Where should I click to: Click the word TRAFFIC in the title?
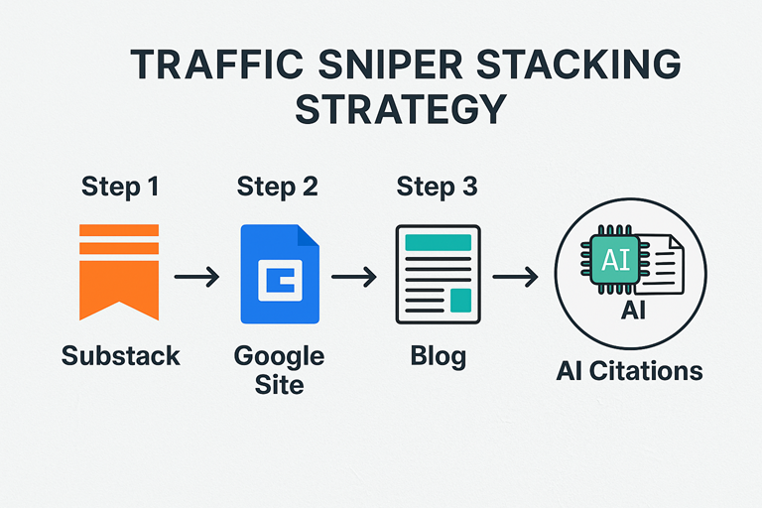217,64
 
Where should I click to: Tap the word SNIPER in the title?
390,64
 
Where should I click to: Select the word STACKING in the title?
578,64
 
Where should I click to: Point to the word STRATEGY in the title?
402,109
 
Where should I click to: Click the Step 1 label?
120,188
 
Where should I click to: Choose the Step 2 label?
278,188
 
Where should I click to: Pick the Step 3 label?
437,188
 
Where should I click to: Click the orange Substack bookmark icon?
119,272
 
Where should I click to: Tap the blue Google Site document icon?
280,274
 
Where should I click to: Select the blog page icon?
438,274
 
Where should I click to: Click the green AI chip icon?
616,260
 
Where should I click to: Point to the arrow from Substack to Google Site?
196,277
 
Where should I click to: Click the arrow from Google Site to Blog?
354,277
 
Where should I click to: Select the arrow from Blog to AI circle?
515,277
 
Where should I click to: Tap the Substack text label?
120,356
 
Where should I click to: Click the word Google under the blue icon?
279,357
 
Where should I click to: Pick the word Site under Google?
280,385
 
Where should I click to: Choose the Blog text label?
439,357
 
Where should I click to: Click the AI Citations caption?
629,371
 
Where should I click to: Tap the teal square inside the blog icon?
460,300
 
